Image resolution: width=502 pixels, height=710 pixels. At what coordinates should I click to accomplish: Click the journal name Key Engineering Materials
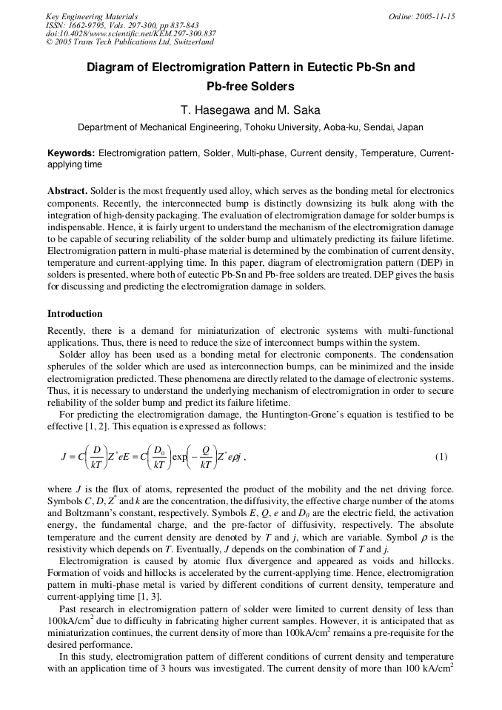coord(92,16)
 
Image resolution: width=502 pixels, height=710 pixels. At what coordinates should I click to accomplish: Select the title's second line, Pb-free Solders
coord(250,87)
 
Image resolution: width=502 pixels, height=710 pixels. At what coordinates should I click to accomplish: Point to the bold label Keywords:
coord(71,153)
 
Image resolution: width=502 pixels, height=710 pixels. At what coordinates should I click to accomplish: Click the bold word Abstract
coord(68,191)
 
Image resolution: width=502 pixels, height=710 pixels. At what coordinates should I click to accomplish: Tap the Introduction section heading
coord(75,314)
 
